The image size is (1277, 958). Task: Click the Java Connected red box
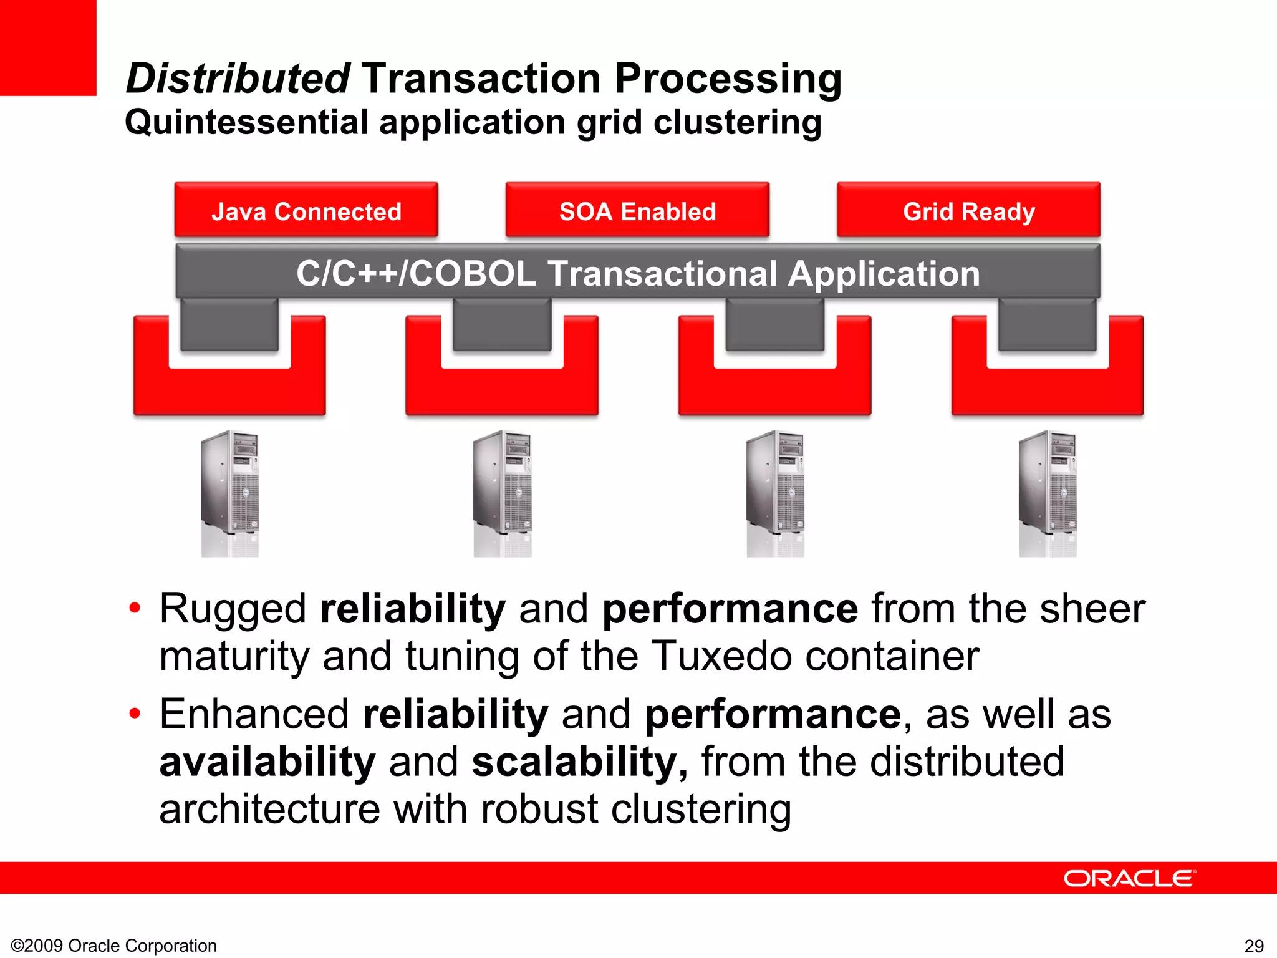[x=306, y=211]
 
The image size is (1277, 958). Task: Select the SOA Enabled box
[x=637, y=211]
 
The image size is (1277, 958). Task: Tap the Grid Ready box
[x=968, y=211]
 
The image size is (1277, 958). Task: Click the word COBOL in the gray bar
[x=473, y=274]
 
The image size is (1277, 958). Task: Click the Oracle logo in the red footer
[x=1129, y=878]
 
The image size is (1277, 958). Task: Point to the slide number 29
[x=1254, y=946]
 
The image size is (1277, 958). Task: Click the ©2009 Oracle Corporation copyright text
[x=114, y=946]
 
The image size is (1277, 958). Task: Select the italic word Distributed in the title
[x=238, y=79]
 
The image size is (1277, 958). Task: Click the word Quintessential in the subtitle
[x=247, y=122]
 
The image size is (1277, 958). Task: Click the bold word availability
[x=267, y=762]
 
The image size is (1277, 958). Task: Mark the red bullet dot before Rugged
[x=135, y=607]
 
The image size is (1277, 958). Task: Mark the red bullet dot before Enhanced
[x=135, y=713]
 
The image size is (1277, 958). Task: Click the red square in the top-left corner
[x=48, y=47]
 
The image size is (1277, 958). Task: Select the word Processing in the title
[x=728, y=79]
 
